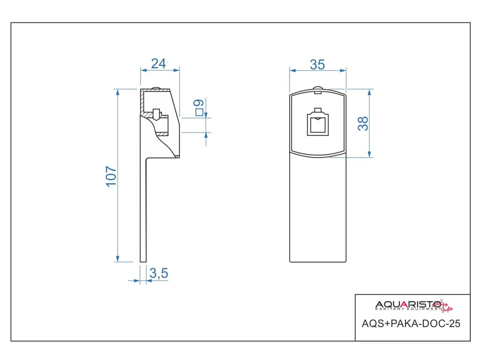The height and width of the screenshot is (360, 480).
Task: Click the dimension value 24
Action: (158, 63)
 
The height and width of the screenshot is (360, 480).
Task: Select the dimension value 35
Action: (317, 64)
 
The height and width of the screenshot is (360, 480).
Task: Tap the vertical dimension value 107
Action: (111, 176)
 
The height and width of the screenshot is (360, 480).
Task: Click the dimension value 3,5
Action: (159, 273)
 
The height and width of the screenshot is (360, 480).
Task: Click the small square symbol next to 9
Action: (199, 112)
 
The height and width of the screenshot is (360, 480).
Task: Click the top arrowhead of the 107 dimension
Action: (117, 91)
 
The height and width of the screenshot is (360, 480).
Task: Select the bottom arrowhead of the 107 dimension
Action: (117, 259)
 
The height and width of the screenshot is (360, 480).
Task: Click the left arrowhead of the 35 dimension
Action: (292, 71)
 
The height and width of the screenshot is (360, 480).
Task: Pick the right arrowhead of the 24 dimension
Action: (177, 70)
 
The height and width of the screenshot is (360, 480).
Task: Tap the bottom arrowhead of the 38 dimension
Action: (369, 154)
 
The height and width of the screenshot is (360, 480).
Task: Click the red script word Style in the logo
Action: (447, 307)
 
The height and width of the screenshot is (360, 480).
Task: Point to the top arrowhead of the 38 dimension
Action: (369, 91)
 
